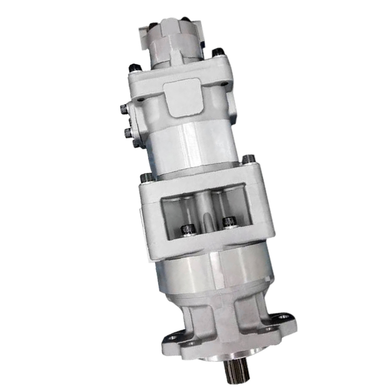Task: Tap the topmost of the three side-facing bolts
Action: click(x=124, y=108)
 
